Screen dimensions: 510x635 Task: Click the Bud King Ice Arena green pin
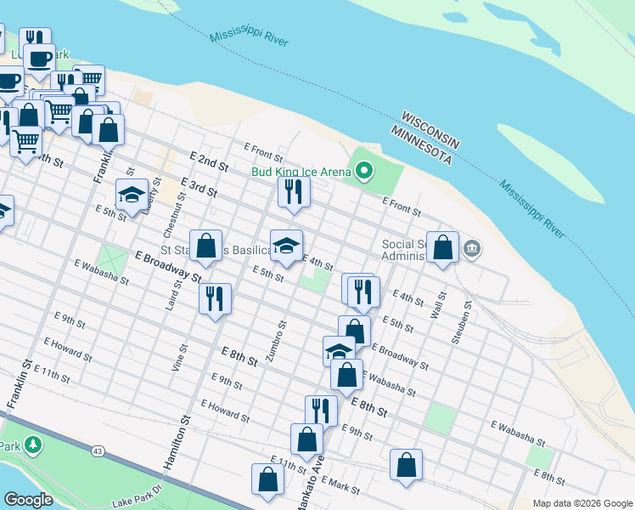[365, 171]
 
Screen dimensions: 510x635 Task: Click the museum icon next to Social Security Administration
[473, 249]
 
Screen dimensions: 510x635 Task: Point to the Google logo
[28, 500]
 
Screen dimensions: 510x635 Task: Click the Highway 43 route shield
[99, 449]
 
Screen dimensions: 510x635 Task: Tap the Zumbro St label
[277, 341]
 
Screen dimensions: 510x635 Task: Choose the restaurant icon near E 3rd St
[294, 190]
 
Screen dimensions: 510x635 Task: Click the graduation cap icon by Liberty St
[132, 195]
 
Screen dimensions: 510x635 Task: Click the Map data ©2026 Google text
[582, 503]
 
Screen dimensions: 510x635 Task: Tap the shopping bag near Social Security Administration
[442, 247]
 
